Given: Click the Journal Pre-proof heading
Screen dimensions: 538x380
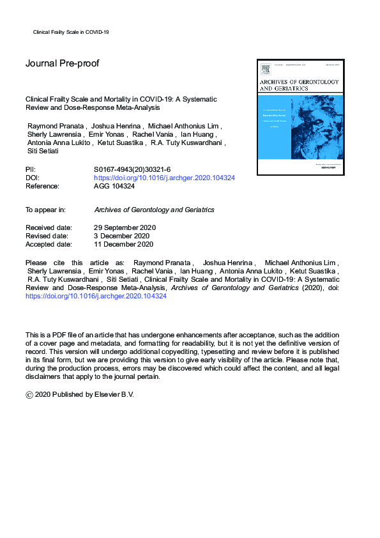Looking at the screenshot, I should tap(62, 63).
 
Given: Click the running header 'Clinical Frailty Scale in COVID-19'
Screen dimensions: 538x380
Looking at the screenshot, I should tap(71, 31).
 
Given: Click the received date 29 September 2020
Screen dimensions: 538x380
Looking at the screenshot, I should tap(125, 227).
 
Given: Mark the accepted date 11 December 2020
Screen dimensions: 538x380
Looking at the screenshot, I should tap(123, 244).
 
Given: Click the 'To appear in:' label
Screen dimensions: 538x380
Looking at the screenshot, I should tap(47, 210).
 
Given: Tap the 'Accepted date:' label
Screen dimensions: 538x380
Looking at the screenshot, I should tap(50, 244).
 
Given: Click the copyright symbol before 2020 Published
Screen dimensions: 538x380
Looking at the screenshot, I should tap(29, 395).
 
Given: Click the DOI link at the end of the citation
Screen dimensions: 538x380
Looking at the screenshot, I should tap(96, 297).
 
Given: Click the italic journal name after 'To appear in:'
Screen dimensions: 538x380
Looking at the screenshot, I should tap(154, 210).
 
